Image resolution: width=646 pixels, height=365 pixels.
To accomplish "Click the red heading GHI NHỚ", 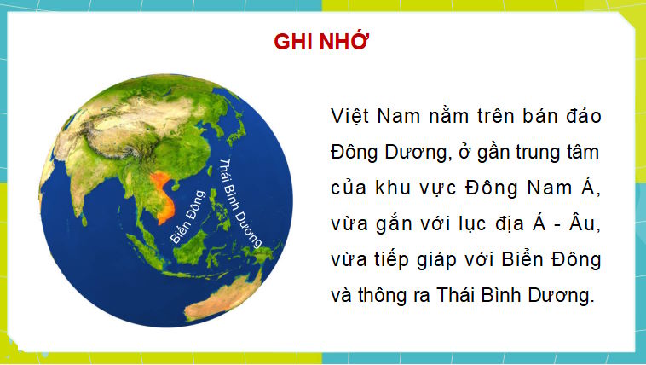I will point(321,43).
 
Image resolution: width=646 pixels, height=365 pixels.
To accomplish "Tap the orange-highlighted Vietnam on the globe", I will point(160,194).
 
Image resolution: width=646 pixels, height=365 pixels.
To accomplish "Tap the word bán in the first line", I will point(529,116).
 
